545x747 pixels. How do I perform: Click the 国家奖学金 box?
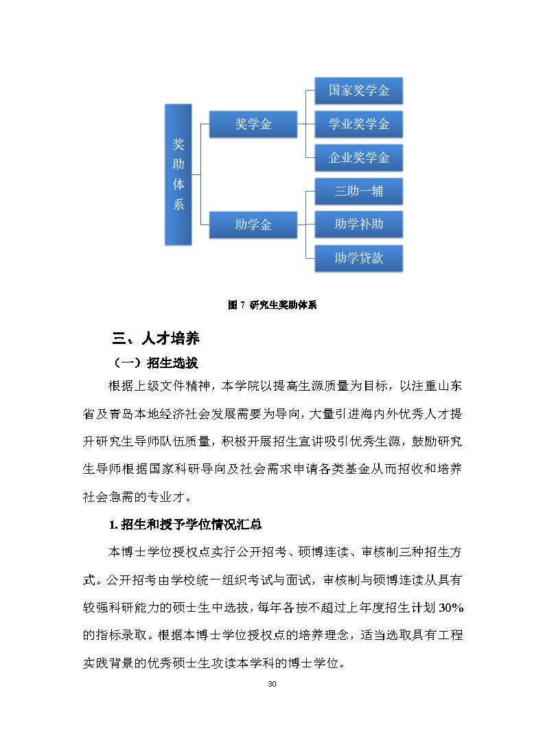point(358,91)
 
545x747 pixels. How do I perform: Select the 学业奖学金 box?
point(358,124)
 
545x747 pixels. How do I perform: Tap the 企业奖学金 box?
point(358,158)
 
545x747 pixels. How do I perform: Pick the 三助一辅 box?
point(358,192)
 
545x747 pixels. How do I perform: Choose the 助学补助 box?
point(358,225)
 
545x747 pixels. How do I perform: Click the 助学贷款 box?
point(358,258)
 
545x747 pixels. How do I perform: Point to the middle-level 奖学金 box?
point(253,124)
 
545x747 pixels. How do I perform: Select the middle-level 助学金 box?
point(253,225)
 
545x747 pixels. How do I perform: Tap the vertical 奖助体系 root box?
point(178,174)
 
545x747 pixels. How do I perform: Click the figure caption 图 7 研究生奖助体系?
point(272,306)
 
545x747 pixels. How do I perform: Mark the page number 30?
point(272,685)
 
